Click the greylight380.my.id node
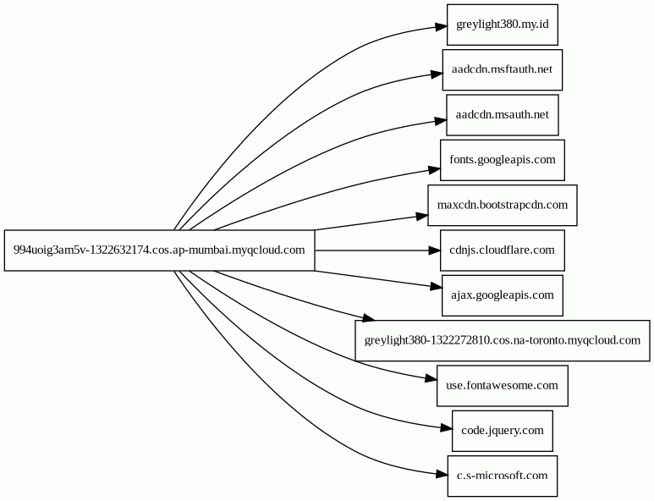coord(503,25)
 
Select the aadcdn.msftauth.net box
coord(503,69)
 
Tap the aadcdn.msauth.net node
coord(503,115)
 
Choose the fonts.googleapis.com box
coord(503,160)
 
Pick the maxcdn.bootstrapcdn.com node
coord(503,206)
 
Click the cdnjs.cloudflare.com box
coord(503,250)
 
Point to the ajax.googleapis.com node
coord(503,295)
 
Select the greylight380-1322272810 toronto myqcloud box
coord(503,340)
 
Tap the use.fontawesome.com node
coord(503,385)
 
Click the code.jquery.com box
coord(503,431)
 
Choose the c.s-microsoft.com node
coord(503,476)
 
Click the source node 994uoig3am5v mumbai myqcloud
coord(159,250)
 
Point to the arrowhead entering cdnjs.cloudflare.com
coord(435,250)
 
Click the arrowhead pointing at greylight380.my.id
coord(442,27)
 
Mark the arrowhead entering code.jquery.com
coord(446,428)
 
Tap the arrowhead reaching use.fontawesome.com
coord(431,379)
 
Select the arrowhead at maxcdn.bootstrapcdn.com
coord(422,216)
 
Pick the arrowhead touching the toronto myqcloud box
coord(369,318)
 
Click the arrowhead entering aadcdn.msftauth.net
coord(437,74)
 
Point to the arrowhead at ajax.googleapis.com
coord(437,286)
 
